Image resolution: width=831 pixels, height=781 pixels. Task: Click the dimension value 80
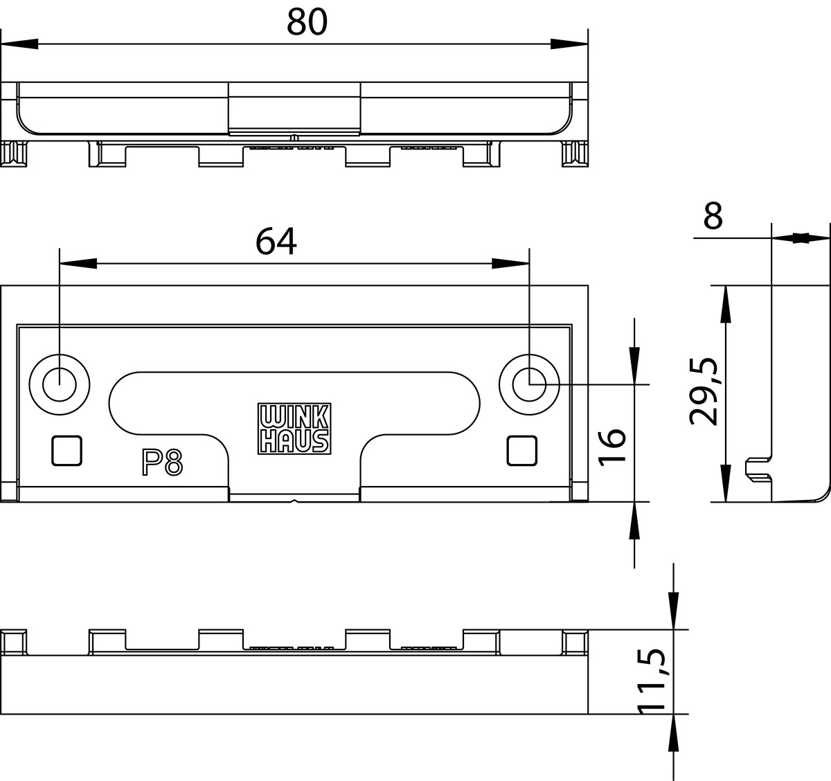point(307,21)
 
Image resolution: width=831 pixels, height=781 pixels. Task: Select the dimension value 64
point(276,242)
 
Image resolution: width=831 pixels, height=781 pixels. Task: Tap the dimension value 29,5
point(704,391)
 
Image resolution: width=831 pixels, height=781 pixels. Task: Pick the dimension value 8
point(713,215)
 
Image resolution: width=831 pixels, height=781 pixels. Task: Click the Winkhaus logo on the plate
point(294,429)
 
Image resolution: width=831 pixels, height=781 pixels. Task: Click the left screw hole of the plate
point(60,385)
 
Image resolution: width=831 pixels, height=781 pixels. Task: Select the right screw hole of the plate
point(529,385)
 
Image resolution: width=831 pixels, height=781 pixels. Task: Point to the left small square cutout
point(67,451)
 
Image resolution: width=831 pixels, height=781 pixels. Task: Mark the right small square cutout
point(521,451)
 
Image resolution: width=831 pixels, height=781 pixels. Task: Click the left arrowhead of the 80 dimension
point(19,44)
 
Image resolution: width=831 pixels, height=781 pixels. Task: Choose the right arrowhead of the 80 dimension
point(569,44)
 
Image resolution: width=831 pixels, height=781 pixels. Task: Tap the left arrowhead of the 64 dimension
point(78,264)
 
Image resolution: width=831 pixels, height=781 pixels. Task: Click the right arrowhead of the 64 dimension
point(510,264)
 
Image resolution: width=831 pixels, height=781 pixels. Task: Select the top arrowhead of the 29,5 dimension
point(726,304)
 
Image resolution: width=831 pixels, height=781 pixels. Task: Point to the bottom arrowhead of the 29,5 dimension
point(726,483)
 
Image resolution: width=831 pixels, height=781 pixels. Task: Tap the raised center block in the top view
point(294,109)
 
